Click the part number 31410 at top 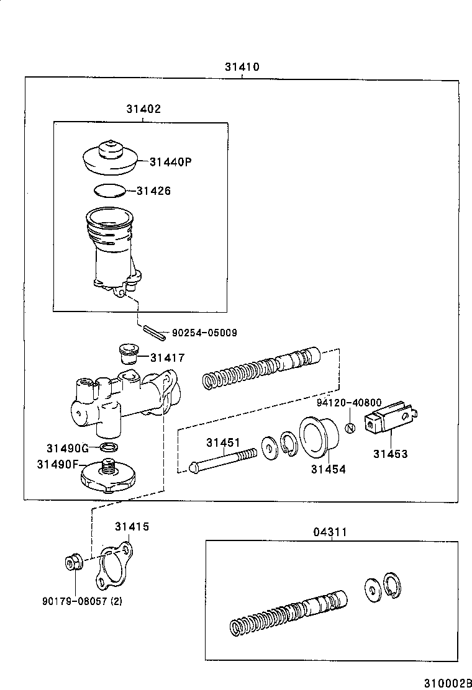click(x=242, y=67)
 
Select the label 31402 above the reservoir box click(x=143, y=109)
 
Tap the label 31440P click(x=170, y=162)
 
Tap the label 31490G click(x=68, y=447)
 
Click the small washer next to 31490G click(x=109, y=447)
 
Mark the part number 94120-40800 click(x=348, y=403)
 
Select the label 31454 click(x=329, y=470)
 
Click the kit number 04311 click(x=330, y=532)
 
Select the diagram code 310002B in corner click(x=445, y=683)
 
